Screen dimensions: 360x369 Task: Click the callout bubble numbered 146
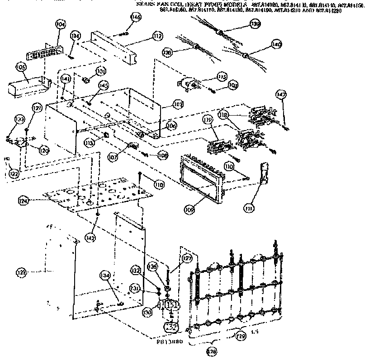pyautogui.click(x=135, y=17)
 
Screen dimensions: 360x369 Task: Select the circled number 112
pyautogui.click(x=157, y=36)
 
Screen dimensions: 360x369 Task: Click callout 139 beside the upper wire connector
pyautogui.click(x=255, y=24)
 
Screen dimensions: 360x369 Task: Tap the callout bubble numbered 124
pyautogui.click(x=24, y=200)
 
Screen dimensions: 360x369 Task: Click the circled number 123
pyautogui.click(x=21, y=272)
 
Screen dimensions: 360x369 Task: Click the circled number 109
pyautogui.click(x=189, y=210)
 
